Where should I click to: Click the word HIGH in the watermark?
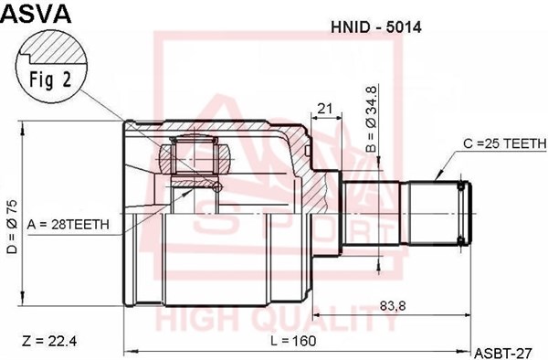197,322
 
